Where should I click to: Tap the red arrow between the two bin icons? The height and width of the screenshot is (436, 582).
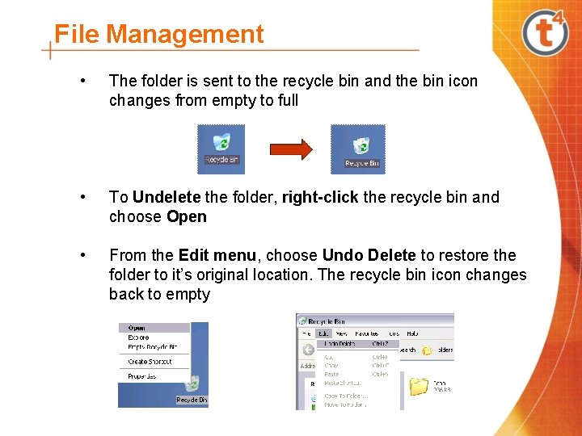(x=290, y=149)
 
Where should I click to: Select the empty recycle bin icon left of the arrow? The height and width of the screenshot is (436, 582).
(x=221, y=148)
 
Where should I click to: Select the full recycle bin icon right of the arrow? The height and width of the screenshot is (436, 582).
(x=360, y=149)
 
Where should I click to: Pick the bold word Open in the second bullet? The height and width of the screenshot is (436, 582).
(x=187, y=216)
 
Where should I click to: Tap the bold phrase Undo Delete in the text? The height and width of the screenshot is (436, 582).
(x=369, y=255)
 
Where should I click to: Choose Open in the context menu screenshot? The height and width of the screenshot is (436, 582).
(x=137, y=328)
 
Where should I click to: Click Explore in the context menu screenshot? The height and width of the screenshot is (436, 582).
(x=138, y=337)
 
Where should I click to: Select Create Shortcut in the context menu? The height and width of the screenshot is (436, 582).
(x=150, y=362)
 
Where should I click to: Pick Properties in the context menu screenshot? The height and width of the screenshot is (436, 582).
(x=142, y=376)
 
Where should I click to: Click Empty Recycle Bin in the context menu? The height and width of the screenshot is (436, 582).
(x=153, y=347)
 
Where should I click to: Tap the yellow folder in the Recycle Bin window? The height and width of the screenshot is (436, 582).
(x=419, y=386)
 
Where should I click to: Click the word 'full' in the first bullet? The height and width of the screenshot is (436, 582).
(x=286, y=100)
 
